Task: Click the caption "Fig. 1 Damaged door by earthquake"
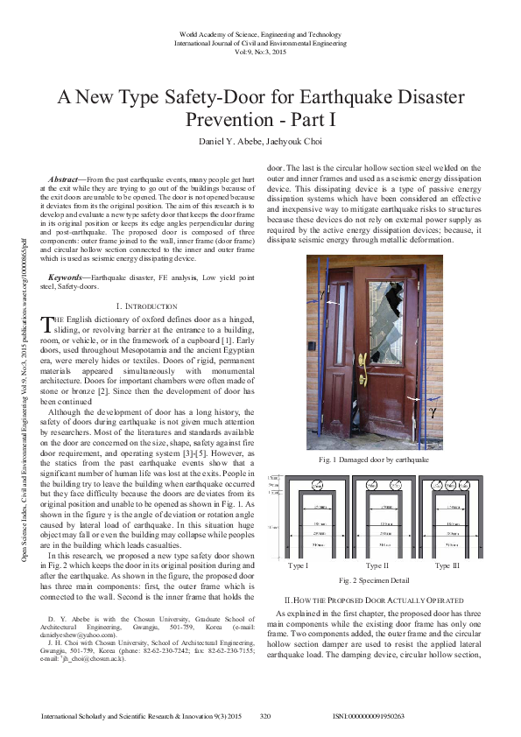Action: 374,460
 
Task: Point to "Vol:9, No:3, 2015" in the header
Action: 260,53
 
